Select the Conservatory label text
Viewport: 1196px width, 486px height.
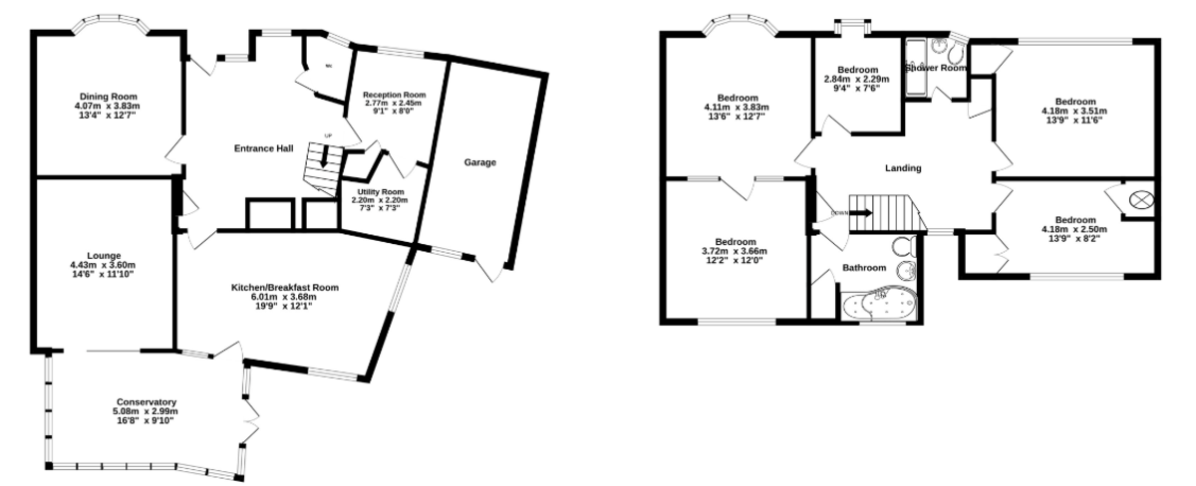click(146, 401)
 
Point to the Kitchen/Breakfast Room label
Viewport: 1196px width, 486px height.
click(285, 287)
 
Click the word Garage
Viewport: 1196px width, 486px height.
click(479, 162)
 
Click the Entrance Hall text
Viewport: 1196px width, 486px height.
click(263, 148)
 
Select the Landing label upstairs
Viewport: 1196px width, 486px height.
click(903, 168)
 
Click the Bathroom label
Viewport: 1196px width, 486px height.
click(863, 268)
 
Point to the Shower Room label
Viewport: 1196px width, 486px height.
click(936, 68)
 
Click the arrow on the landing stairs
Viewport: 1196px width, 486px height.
click(859, 212)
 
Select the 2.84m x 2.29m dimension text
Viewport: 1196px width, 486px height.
click(857, 79)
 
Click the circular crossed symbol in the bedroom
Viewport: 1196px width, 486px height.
click(1139, 200)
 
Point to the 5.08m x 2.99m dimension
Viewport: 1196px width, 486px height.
click(146, 410)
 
